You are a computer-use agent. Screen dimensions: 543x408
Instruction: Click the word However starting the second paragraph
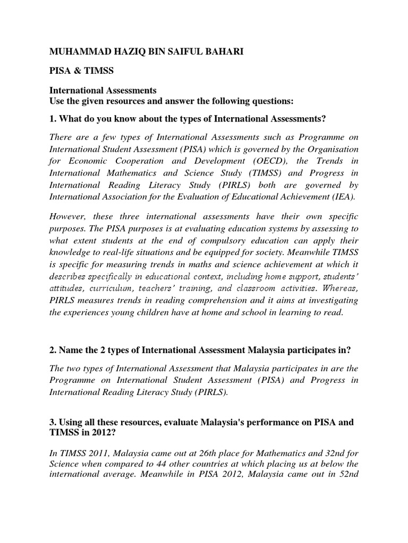tap(67, 217)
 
